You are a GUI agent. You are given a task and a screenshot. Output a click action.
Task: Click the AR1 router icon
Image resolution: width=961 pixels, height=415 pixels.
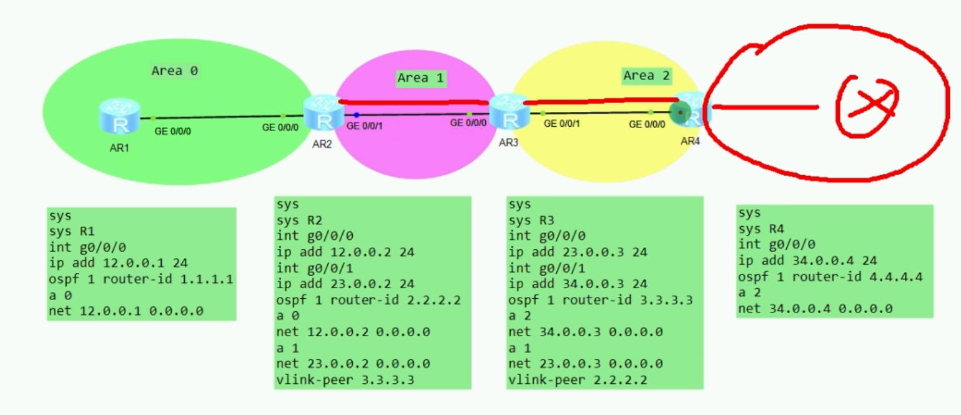119,116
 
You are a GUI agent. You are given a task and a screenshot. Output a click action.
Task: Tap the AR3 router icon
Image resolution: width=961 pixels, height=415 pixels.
509,113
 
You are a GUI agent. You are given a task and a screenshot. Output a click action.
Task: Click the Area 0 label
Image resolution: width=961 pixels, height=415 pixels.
175,71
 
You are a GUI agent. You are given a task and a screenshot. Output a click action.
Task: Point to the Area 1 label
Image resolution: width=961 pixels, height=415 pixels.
420,77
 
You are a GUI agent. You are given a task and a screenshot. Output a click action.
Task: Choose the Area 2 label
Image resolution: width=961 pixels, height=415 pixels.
646,76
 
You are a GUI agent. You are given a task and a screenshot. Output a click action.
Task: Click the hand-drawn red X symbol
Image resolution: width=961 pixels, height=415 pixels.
867,106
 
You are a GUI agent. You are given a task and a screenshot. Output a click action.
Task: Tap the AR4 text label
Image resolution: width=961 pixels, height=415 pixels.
690,141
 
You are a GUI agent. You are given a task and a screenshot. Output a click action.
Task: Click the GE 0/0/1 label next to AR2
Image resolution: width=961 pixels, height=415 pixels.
365,126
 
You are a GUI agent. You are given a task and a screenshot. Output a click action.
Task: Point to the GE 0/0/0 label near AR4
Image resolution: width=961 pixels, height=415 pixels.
647,124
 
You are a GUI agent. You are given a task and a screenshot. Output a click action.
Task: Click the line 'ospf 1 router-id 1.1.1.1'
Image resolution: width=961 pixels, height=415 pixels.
141,279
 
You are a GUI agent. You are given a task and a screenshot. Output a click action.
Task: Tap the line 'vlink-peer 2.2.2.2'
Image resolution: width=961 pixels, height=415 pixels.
578,379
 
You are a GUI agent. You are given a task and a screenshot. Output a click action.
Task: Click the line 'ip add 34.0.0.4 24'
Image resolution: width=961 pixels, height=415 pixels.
799,261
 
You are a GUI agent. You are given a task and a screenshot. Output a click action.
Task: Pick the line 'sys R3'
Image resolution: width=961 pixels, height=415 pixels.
531,219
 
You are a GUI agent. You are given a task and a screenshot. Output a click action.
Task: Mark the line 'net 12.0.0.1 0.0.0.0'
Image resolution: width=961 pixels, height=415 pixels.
126,310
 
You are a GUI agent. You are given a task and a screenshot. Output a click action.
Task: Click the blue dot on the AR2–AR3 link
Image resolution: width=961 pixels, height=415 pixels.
356,115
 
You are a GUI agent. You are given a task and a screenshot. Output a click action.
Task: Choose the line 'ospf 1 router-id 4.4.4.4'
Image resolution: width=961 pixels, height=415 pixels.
830,277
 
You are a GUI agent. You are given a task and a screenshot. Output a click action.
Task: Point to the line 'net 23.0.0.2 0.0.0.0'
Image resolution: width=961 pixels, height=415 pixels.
353,363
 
